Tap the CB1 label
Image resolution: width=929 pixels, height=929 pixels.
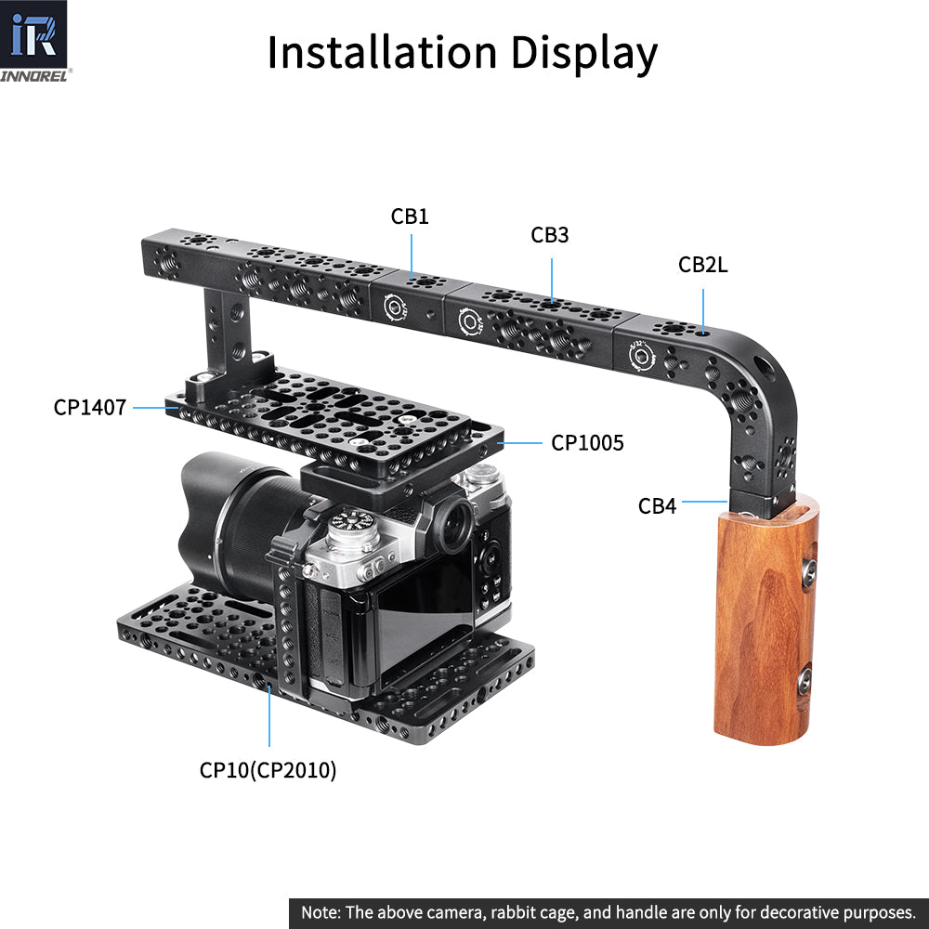[410, 216]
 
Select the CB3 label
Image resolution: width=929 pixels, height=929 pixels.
[550, 235]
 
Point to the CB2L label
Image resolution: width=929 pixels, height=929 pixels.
[703, 265]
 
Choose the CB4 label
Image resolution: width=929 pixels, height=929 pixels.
[658, 506]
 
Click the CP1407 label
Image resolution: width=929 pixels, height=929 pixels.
[90, 406]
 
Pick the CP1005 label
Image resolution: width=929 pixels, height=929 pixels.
[587, 443]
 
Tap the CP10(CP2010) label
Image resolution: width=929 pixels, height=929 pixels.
[268, 769]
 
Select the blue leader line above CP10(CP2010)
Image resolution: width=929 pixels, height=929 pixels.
[269, 715]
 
